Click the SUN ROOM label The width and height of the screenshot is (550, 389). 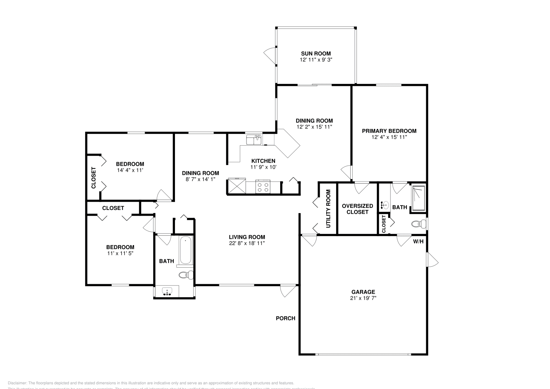(x=316, y=54)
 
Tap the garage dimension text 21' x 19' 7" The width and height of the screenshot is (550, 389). (x=363, y=298)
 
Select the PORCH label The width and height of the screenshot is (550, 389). (x=285, y=318)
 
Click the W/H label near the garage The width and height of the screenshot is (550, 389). (x=418, y=242)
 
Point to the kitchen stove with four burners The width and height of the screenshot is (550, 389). (x=263, y=187)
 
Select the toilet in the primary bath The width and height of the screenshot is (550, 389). (x=418, y=224)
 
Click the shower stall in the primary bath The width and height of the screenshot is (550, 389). (x=419, y=198)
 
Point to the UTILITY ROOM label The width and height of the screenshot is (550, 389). (x=328, y=209)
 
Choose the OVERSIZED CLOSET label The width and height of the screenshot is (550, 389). (x=357, y=209)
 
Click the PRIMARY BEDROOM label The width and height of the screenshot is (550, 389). (x=389, y=131)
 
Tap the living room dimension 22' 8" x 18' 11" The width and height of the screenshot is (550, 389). (x=247, y=243)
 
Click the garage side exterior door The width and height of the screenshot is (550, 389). (x=432, y=260)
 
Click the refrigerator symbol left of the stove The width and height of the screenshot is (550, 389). (x=237, y=187)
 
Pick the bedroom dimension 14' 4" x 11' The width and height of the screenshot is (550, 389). (x=130, y=170)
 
